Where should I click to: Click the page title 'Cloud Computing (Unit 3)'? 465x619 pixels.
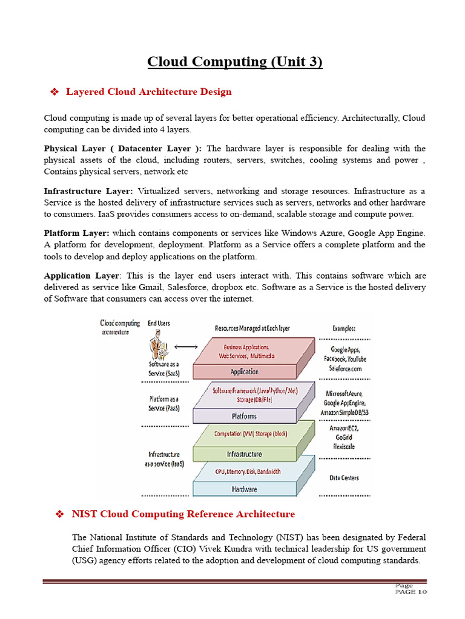(x=235, y=62)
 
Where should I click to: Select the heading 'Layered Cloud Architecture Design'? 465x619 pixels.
(x=148, y=92)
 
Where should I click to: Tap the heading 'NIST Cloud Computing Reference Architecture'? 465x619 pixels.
(x=183, y=514)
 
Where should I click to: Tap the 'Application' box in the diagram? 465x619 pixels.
(x=244, y=372)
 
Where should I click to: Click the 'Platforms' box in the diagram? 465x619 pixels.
(x=243, y=416)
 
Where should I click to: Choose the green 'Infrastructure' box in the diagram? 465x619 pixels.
(x=243, y=454)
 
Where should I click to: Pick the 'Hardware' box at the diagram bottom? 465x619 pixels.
(x=243, y=488)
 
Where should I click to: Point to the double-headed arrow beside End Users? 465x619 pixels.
(x=186, y=346)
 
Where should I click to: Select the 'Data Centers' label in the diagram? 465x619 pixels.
(x=344, y=478)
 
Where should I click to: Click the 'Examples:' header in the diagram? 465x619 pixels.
(x=344, y=328)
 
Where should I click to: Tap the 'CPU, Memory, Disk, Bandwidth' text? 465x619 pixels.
(x=248, y=472)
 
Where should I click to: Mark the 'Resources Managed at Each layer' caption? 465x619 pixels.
(x=252, y=328)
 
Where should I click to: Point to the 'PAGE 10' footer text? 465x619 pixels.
(x=411, y=592)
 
